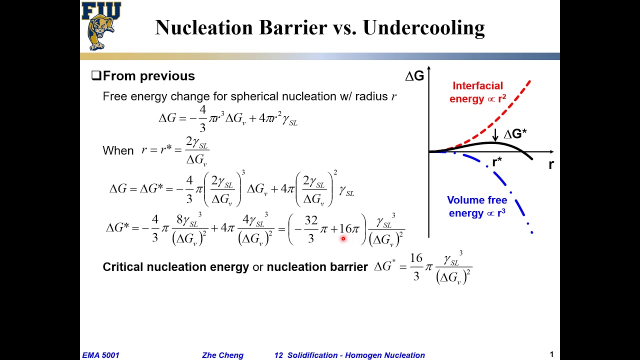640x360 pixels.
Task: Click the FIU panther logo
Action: click(101, 26)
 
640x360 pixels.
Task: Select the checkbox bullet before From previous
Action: click(96, 76)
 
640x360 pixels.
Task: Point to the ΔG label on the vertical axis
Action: click(414, 76)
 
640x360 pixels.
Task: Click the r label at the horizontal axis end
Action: click(551, 164)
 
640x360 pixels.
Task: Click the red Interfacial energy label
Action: click(477, 92)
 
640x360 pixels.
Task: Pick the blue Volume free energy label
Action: click(477, 206)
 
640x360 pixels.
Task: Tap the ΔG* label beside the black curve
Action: click(515, 134)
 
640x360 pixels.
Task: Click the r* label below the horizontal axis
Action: click(497, 162)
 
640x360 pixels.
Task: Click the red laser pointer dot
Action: click(343, 239)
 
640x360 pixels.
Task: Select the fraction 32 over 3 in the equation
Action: click(311, 229)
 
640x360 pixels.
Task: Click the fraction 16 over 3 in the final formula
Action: click(416, 266)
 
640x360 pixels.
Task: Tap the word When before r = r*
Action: click(118, 150)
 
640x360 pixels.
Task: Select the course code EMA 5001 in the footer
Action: click(101, 355)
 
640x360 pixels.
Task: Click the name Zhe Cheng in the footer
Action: click(222, 355)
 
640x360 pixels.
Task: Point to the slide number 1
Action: click(551, 354)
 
